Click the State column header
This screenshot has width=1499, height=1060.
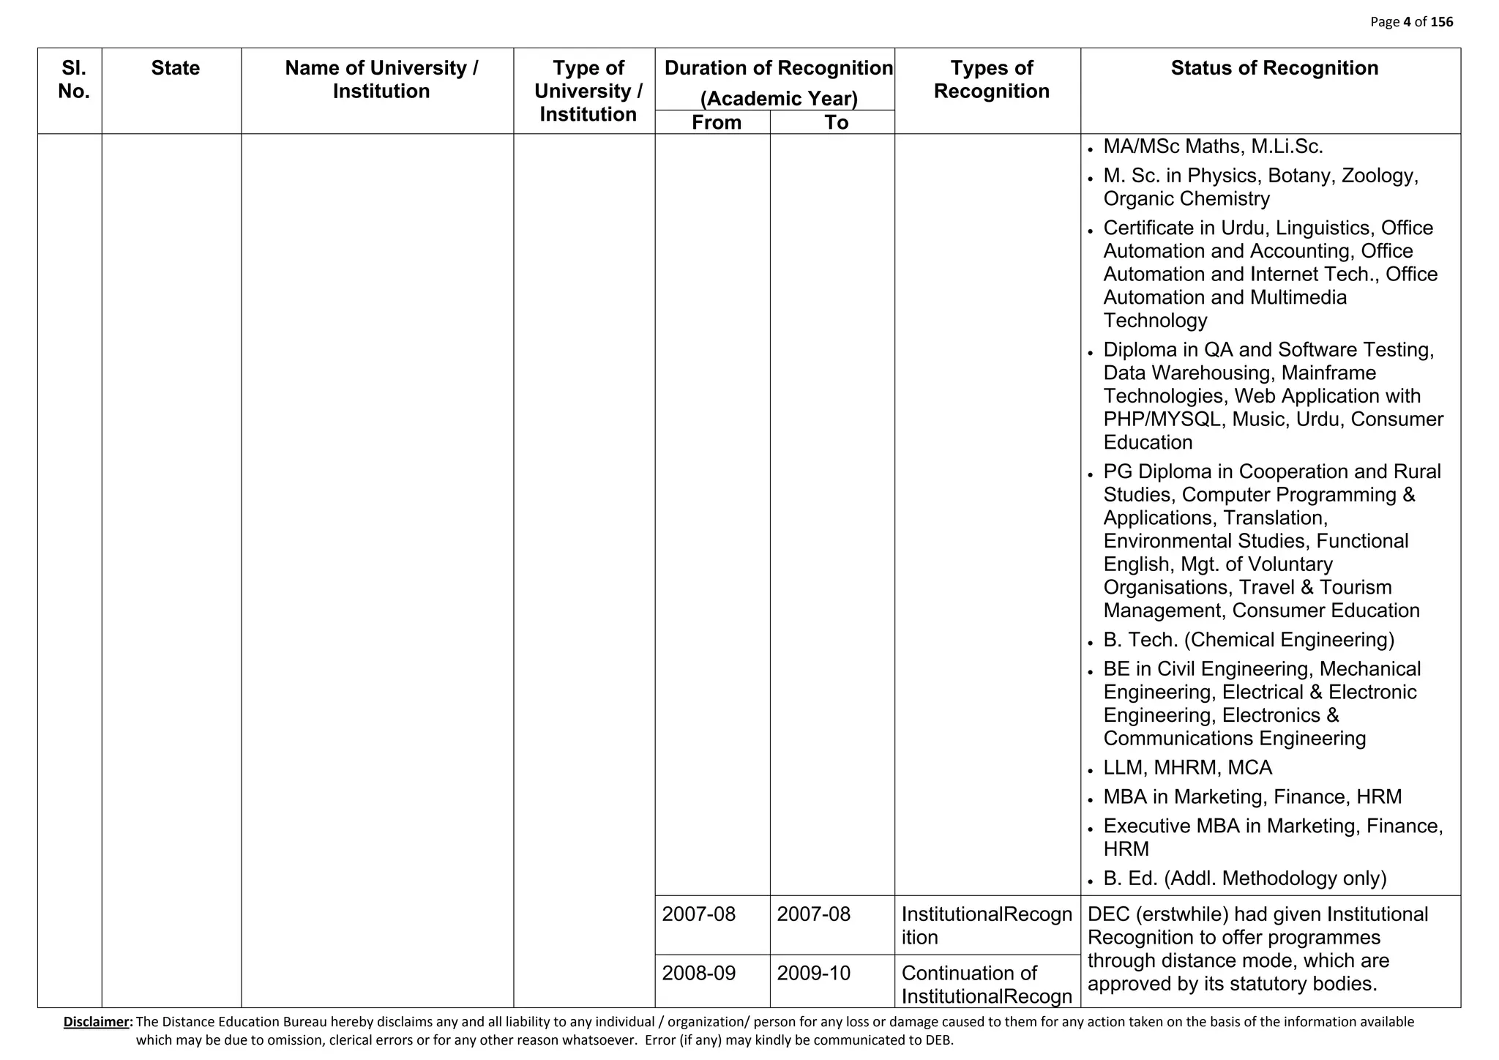175,68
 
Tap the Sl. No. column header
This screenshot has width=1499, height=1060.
73,79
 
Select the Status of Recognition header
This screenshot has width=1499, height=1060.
1274,68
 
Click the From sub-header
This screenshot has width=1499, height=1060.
716,122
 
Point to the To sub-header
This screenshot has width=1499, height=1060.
836,122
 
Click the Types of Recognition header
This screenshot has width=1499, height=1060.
991,79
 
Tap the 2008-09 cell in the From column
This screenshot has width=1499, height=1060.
698,973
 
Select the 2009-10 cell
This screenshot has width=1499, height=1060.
813,973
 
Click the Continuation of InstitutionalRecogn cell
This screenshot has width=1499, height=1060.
986,984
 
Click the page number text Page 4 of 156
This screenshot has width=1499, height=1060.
1411,22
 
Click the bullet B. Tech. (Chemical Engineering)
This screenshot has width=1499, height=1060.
1249,640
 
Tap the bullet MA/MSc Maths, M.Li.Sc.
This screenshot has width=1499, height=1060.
1213,146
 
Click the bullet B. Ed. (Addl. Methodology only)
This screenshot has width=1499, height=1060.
1244,878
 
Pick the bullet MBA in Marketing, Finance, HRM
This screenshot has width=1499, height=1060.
1252,796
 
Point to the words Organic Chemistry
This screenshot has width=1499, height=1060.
1186,198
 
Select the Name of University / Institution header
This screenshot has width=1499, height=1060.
381,79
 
